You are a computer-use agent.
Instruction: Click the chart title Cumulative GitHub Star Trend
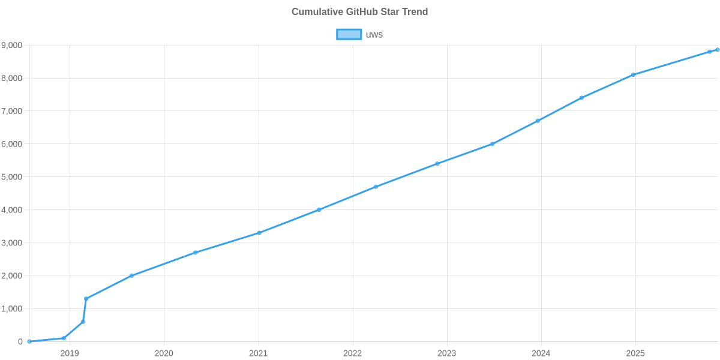359,12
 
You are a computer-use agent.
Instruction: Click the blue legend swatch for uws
349,35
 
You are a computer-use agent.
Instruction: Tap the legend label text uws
374,35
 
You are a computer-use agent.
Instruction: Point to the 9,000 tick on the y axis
12,46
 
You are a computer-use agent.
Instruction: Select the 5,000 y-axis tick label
12,178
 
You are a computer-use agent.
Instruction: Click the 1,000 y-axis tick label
12,309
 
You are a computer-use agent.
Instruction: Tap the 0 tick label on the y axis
20,342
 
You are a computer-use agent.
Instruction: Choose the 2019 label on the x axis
70,353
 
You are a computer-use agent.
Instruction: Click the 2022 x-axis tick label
352,353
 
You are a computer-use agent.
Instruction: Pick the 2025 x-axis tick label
635,353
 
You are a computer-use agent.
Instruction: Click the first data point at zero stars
29,341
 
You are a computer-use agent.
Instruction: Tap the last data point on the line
717,50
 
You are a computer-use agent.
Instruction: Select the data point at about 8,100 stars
633,75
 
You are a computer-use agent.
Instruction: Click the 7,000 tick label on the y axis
12,112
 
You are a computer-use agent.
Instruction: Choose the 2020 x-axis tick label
164,353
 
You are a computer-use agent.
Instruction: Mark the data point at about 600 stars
83,322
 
